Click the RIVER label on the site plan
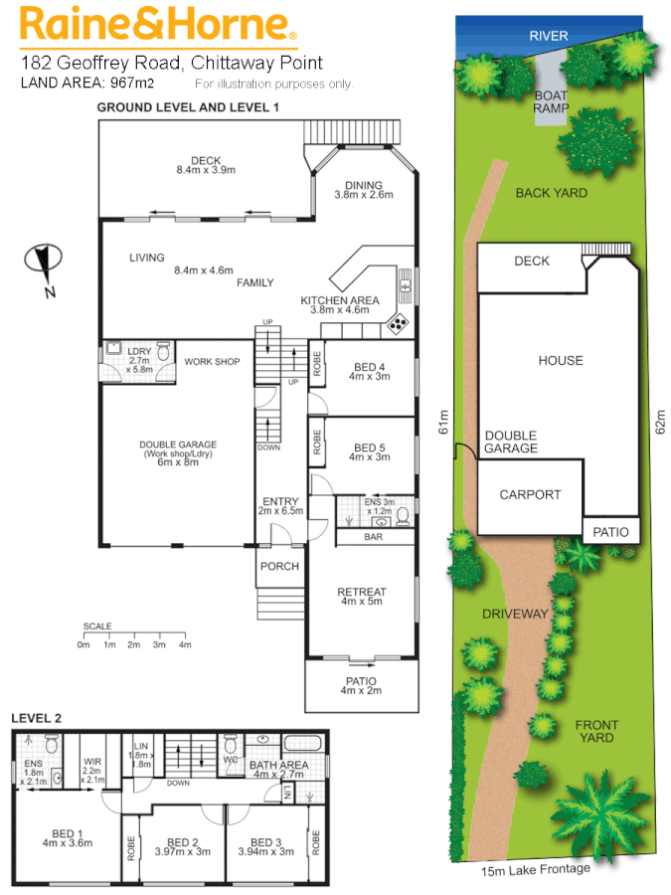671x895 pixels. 548,36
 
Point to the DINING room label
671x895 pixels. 364,185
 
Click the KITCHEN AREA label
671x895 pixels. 340,299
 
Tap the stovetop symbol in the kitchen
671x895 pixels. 397,321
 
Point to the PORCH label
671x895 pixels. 279,566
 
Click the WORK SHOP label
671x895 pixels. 212,361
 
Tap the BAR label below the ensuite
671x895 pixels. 373,536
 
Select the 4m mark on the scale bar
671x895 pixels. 185,645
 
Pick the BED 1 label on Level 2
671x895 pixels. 67,837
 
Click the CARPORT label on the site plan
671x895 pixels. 530,494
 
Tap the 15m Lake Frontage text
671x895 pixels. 536,869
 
